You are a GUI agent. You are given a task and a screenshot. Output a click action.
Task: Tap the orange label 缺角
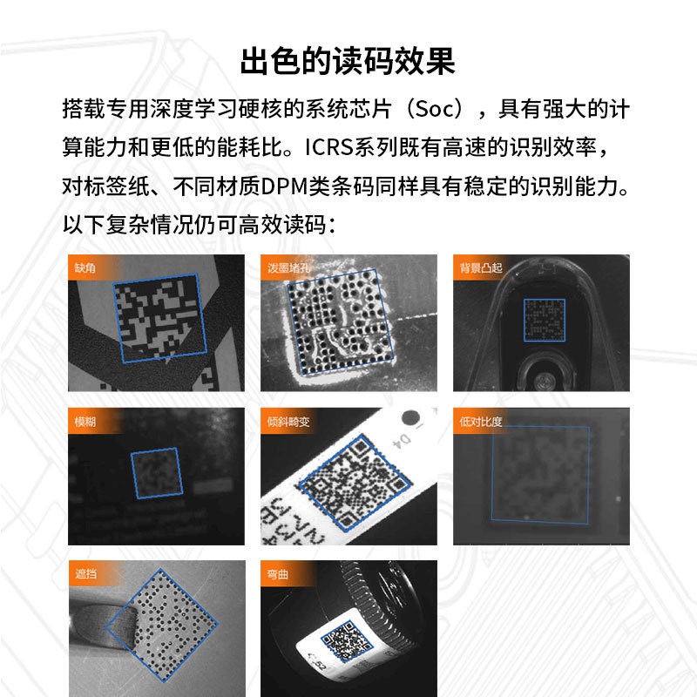click(x=86, y=267)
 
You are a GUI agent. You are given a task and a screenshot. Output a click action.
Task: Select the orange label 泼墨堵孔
click(x=285, y=267)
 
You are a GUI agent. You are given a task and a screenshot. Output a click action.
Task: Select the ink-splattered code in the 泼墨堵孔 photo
click(x=339, y=321)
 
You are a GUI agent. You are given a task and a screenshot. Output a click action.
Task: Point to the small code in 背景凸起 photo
click(x=544, y=321)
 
